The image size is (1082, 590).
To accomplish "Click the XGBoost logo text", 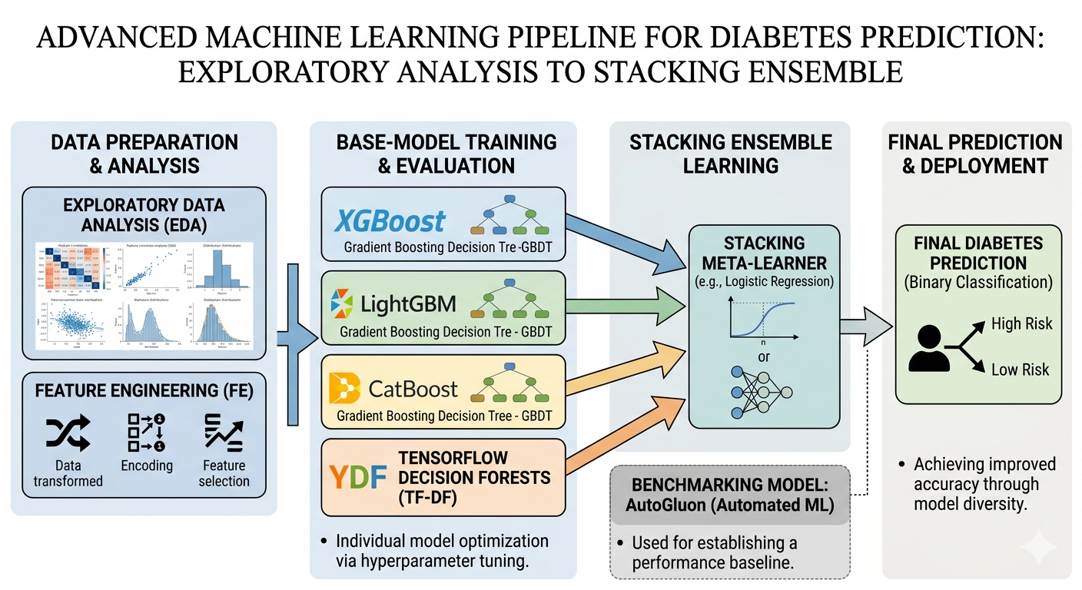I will point(390,220).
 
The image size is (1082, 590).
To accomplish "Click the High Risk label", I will point(1021,324).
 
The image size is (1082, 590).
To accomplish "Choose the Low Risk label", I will point(1020,370).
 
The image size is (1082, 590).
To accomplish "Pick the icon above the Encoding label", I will point(147,433).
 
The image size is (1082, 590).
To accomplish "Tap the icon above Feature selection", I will point(224,433).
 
